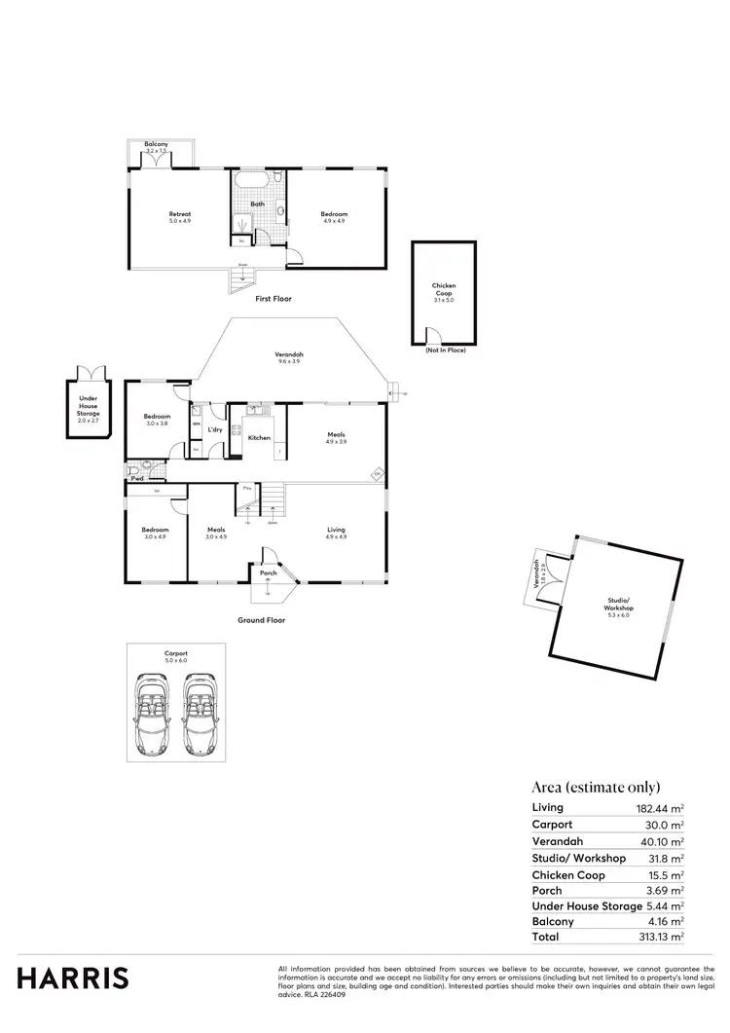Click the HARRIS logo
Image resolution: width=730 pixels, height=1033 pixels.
tap(72, 978)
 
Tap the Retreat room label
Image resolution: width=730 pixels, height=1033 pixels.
tap(180, 217)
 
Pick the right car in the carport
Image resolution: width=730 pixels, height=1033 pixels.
tap(201, 714)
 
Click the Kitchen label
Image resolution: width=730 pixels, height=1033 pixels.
tap(259, 438)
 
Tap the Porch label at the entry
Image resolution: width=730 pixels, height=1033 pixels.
tap(269, 572)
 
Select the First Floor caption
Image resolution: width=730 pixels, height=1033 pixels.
tap(274, 299)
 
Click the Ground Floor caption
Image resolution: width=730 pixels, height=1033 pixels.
tap(262, 619)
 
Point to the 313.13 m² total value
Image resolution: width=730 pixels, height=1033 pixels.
tap(662, 937)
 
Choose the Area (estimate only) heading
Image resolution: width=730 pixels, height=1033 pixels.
tap(596, 787)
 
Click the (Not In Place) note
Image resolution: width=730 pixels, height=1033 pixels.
tap(446, 350)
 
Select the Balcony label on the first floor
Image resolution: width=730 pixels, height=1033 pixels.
tap(157, 145)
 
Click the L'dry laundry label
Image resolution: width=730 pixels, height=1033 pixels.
tap(214, 430)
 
